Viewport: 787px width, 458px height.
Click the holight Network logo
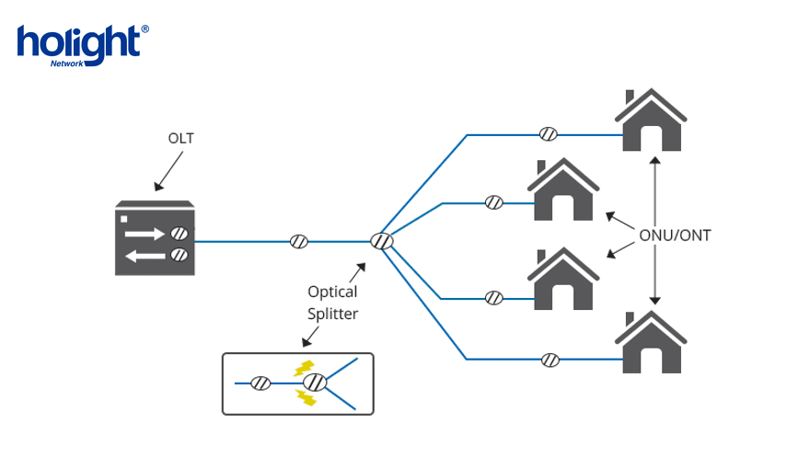click(x=82, y=45)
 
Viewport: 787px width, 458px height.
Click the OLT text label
click(x=180, y=139)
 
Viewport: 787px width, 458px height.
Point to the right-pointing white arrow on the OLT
click(x=145, y=234)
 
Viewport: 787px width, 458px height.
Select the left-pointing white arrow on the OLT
click(x=145, y=255)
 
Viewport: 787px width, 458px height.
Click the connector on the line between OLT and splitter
click(x=299, y=242)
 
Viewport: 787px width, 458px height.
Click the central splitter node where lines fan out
click(x=381, y=242)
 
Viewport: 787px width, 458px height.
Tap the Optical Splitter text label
click(x=333, y=303)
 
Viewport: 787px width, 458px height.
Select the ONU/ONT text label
click(x=675, y=235)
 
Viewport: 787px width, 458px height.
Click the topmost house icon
click(x=652, y=120)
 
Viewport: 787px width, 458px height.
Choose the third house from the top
click(x=564, y=279)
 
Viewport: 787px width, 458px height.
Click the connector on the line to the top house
click(x=548, y=134)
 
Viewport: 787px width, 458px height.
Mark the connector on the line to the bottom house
click(x=550, y=359)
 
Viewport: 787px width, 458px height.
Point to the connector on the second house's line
click(x=494, y=202)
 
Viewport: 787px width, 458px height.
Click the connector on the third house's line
click(x=494, y=298)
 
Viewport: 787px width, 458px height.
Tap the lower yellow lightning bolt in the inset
click(x=303, y=397)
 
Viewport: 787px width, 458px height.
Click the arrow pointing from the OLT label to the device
click(x=166, y=172)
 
